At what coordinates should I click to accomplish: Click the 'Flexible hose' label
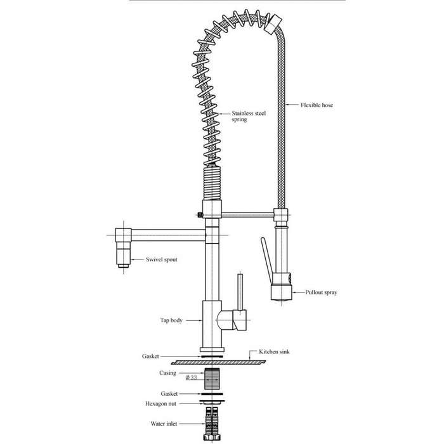[317, 105]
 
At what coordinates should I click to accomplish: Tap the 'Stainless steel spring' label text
[249, 116]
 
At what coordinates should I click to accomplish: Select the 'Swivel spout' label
[162, 259]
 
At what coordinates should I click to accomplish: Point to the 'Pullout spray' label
[321, 292]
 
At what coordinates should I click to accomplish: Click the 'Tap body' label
[171, 320]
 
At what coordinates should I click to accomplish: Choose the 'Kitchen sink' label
[274, 351]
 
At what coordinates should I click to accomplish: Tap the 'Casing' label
[167, 373]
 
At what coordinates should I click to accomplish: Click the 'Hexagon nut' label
[160, 404]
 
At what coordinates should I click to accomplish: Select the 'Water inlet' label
[164, 424]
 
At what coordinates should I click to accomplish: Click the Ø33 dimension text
[191, 377]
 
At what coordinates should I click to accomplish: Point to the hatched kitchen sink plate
[218, 362]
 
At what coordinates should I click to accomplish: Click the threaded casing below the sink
[212, 379]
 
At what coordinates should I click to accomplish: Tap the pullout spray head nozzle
[281, 292]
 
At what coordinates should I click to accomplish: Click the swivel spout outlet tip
[123, 266]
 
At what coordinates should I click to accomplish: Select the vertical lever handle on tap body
[240, 292]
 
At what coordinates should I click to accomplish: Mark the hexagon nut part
[212, 402]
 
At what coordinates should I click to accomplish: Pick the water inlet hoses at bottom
[212, 424]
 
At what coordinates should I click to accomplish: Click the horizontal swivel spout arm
[168, 235]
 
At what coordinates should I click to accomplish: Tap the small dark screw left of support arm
[200, 215]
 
